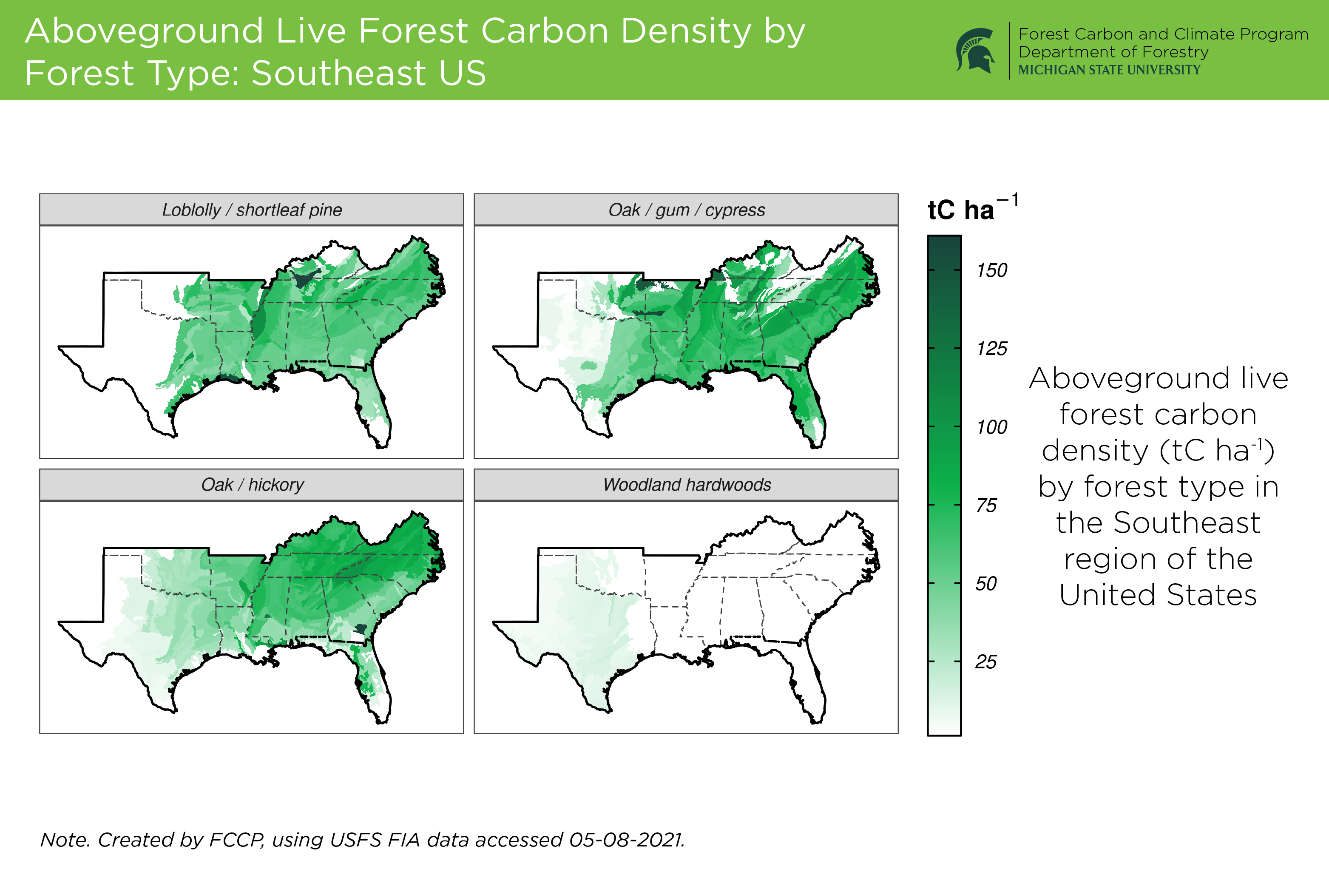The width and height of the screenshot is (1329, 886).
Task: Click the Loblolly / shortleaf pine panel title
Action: pos(252,210)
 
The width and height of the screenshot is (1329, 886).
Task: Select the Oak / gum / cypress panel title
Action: pos(687,210)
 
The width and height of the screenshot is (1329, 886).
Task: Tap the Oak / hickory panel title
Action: pos(252,485)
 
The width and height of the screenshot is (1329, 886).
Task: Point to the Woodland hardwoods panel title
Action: pos(687,485)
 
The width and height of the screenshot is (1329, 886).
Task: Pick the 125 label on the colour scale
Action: pos(992,349)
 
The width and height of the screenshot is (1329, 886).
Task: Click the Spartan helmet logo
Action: pos(975,50)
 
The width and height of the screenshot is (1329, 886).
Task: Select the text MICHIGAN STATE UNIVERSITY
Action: pos(1109,70)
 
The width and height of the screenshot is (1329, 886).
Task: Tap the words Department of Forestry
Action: pos(1113,52)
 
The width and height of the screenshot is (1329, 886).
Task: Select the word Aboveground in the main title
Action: pos(145,31)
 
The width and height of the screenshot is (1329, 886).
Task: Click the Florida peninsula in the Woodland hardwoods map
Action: pos(808,687)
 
